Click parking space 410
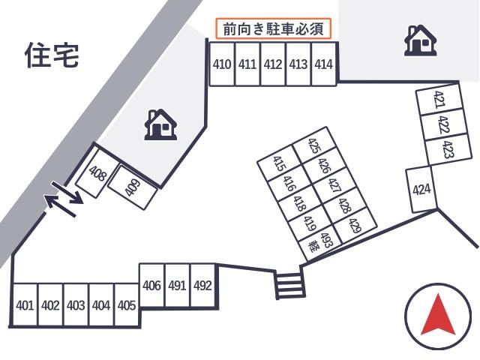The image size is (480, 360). (222, 64)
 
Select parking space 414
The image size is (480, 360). (324, 64)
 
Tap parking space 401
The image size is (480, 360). (25, 305)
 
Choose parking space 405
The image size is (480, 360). (127, 305)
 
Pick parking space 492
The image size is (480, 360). (203, 285)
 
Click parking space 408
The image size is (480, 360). (97, 173)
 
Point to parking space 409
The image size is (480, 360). (133, 187)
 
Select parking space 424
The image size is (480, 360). (421, 190)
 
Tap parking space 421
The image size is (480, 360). (439, 99)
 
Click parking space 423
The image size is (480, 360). (448, 149)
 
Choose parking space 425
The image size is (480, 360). (314, 145)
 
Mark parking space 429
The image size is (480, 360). (355, 226)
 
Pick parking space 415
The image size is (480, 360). (279, 163)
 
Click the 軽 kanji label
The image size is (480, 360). (313, 247)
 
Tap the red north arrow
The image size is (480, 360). (438, 314)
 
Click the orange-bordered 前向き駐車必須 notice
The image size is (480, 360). (273, 28)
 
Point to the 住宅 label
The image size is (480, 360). (52, 55)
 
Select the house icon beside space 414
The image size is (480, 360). (420, 40)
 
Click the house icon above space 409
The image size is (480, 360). (160, 124)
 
